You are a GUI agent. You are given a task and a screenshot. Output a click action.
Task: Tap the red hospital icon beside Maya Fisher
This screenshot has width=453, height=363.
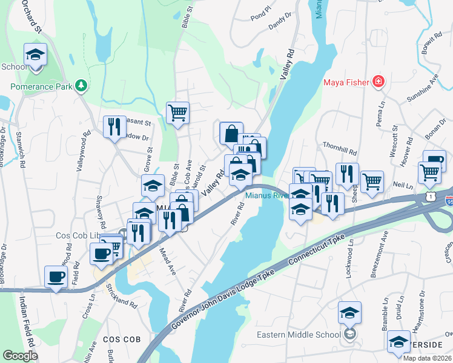point(379,81)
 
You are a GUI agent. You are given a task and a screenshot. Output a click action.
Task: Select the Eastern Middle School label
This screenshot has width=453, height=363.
point(307,335)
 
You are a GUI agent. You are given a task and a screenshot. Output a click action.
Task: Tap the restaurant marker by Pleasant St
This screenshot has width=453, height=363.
point(114,126)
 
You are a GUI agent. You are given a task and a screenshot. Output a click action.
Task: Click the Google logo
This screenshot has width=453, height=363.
point(20,355)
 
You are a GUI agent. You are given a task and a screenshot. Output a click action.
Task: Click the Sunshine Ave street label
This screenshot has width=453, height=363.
point(423,90)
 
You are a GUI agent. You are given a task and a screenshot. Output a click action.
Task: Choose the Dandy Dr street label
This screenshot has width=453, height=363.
point(280,23)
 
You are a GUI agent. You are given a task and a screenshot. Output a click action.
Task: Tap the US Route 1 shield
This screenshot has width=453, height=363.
point(430,197)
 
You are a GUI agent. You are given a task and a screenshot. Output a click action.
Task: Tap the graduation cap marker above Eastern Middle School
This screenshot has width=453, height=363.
point(349,312)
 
